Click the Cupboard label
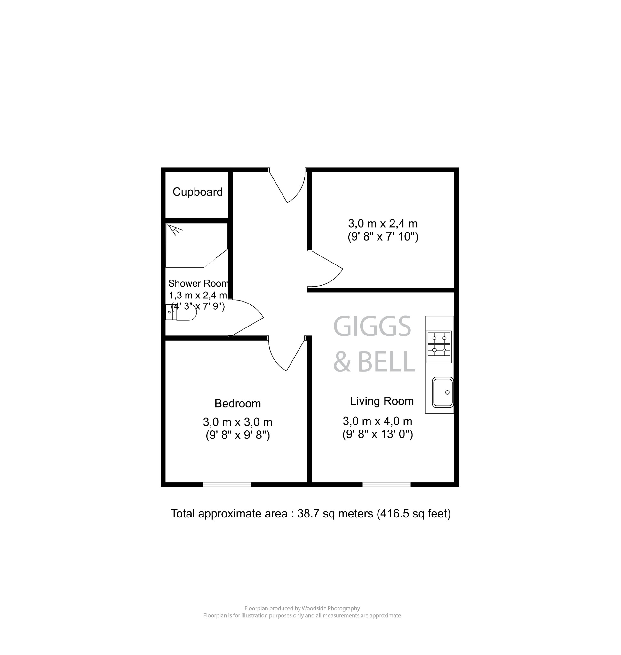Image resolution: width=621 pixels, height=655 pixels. [197, 192]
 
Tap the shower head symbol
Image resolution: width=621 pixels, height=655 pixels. [173, 229]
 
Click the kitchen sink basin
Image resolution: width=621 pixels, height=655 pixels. [442, 392]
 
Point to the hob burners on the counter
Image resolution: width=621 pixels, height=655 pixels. [439, 344]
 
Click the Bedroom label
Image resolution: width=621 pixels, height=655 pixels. [238, 404]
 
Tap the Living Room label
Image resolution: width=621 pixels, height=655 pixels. [382, 401]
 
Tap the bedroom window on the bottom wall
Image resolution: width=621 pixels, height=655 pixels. [227, 485]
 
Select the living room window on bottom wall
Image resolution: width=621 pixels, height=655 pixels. [386, 485]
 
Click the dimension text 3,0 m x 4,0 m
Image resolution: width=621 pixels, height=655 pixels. [377, 421]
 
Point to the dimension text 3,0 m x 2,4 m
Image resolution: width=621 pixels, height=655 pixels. [383, 224]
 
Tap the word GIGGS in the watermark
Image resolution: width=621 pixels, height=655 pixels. [372, 327]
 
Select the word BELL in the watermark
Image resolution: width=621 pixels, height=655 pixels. [386, 362]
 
